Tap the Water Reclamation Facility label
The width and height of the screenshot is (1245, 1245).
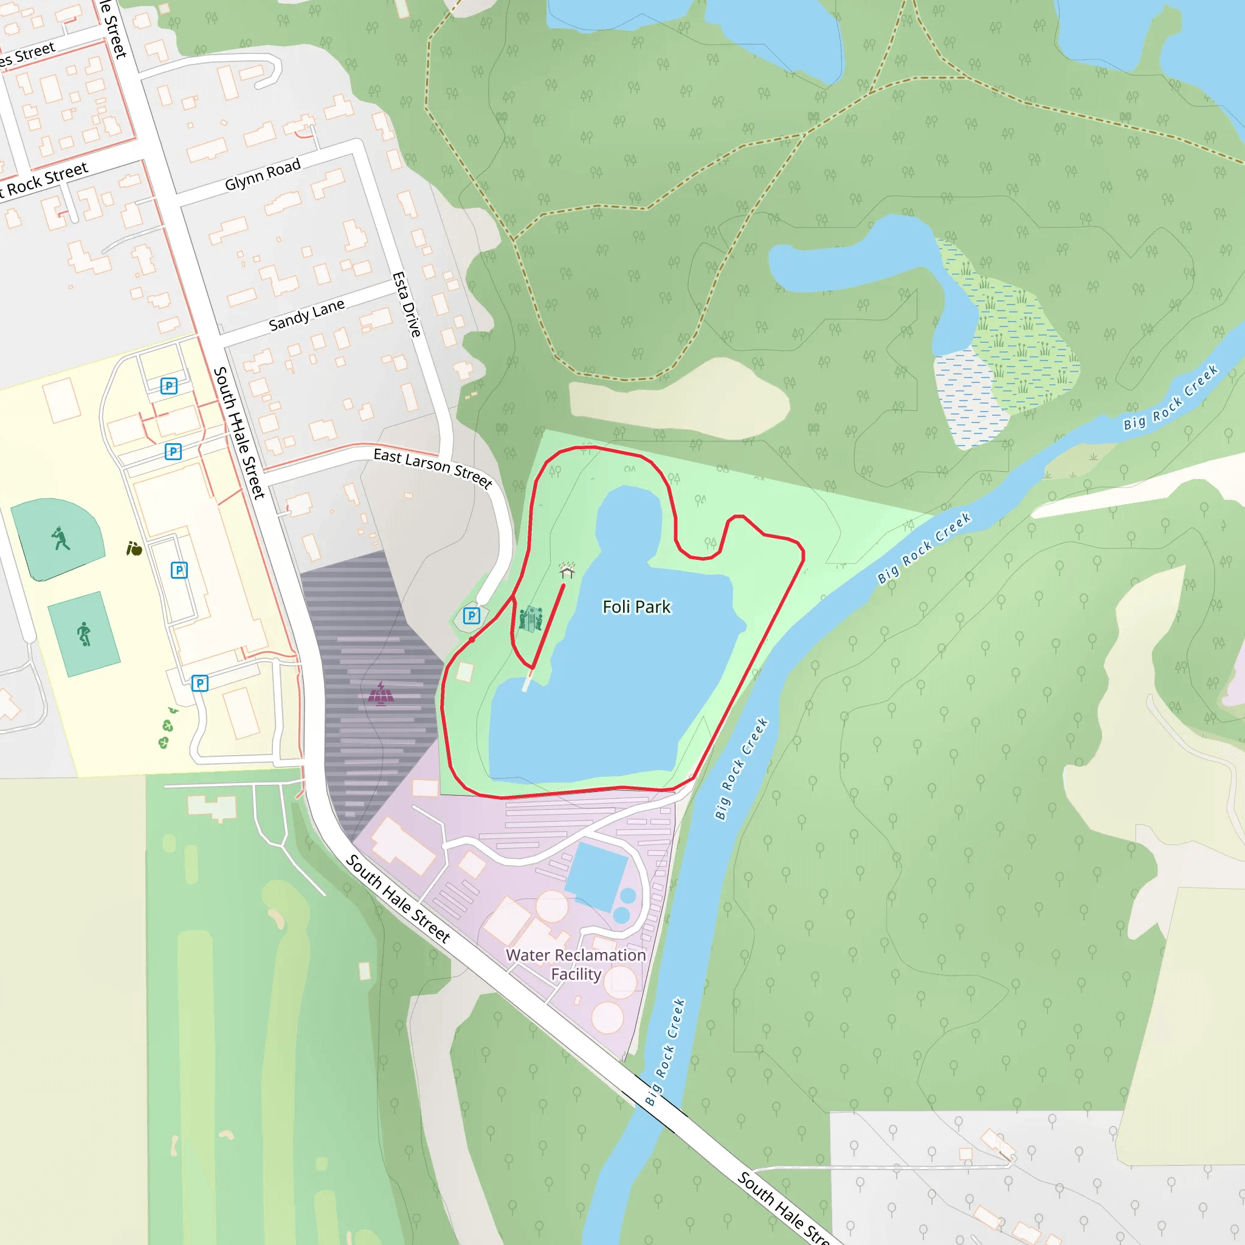point(576,965)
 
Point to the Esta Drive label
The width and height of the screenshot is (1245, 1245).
point(407,304)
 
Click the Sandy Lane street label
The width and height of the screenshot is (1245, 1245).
point(306,315)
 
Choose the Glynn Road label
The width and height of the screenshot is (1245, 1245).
point(262,174)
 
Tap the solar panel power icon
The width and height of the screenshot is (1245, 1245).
point(381,694)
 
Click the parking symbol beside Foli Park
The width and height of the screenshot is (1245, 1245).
point(472,615)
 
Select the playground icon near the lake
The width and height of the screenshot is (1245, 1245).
point(530,619)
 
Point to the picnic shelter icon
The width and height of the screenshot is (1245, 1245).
point(567,571)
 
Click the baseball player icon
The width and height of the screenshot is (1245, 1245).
point(60,538)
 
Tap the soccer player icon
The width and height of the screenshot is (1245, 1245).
point(84,634)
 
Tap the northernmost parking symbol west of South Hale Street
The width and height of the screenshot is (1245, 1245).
point(169,386)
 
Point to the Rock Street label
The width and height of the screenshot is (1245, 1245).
point(45,180)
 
